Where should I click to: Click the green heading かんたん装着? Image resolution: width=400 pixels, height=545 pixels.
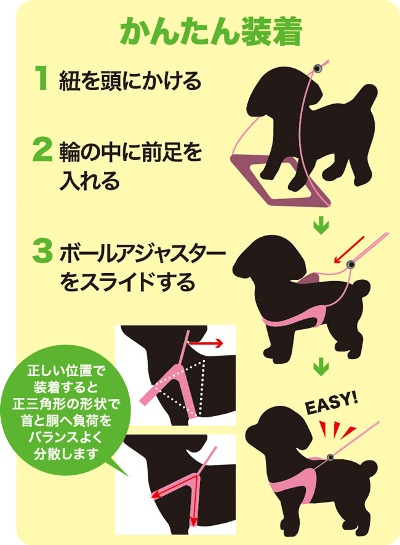tap(210, 31)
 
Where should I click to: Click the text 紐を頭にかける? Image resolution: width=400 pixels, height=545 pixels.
tap(130, 80)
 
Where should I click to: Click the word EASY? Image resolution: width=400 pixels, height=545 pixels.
tap(330, 403)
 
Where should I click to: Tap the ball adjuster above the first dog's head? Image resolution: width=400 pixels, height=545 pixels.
tap(318, 68)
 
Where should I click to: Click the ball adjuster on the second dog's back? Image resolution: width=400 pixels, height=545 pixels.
tap(351, 265)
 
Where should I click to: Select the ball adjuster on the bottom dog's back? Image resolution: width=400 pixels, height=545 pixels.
tap(330, 457)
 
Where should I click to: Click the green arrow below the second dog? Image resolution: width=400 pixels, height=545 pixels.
tap(321, 367)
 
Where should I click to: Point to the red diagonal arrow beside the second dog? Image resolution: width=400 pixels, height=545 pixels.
tap(349, 250)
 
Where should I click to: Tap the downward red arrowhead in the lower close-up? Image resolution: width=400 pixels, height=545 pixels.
tap(194, 522)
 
